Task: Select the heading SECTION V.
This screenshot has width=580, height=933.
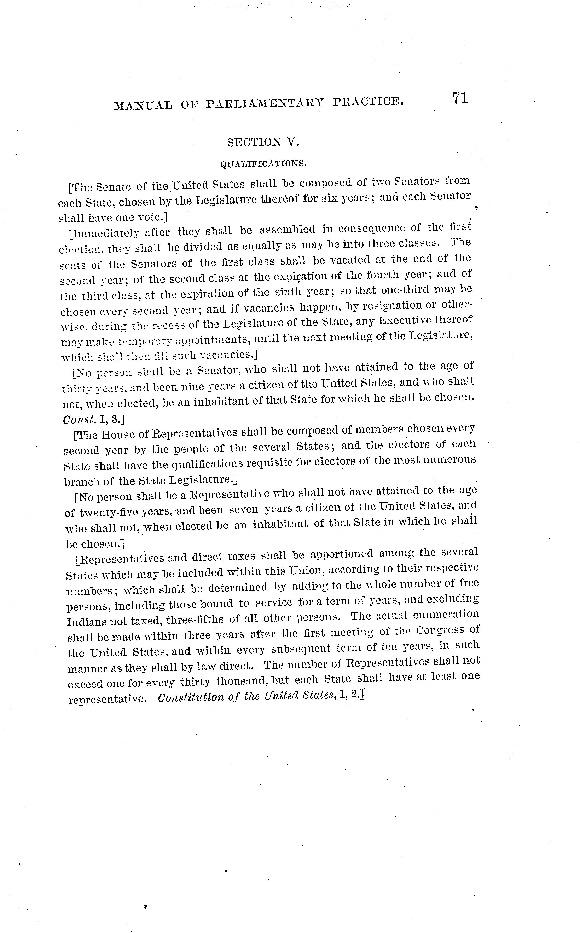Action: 263,142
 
